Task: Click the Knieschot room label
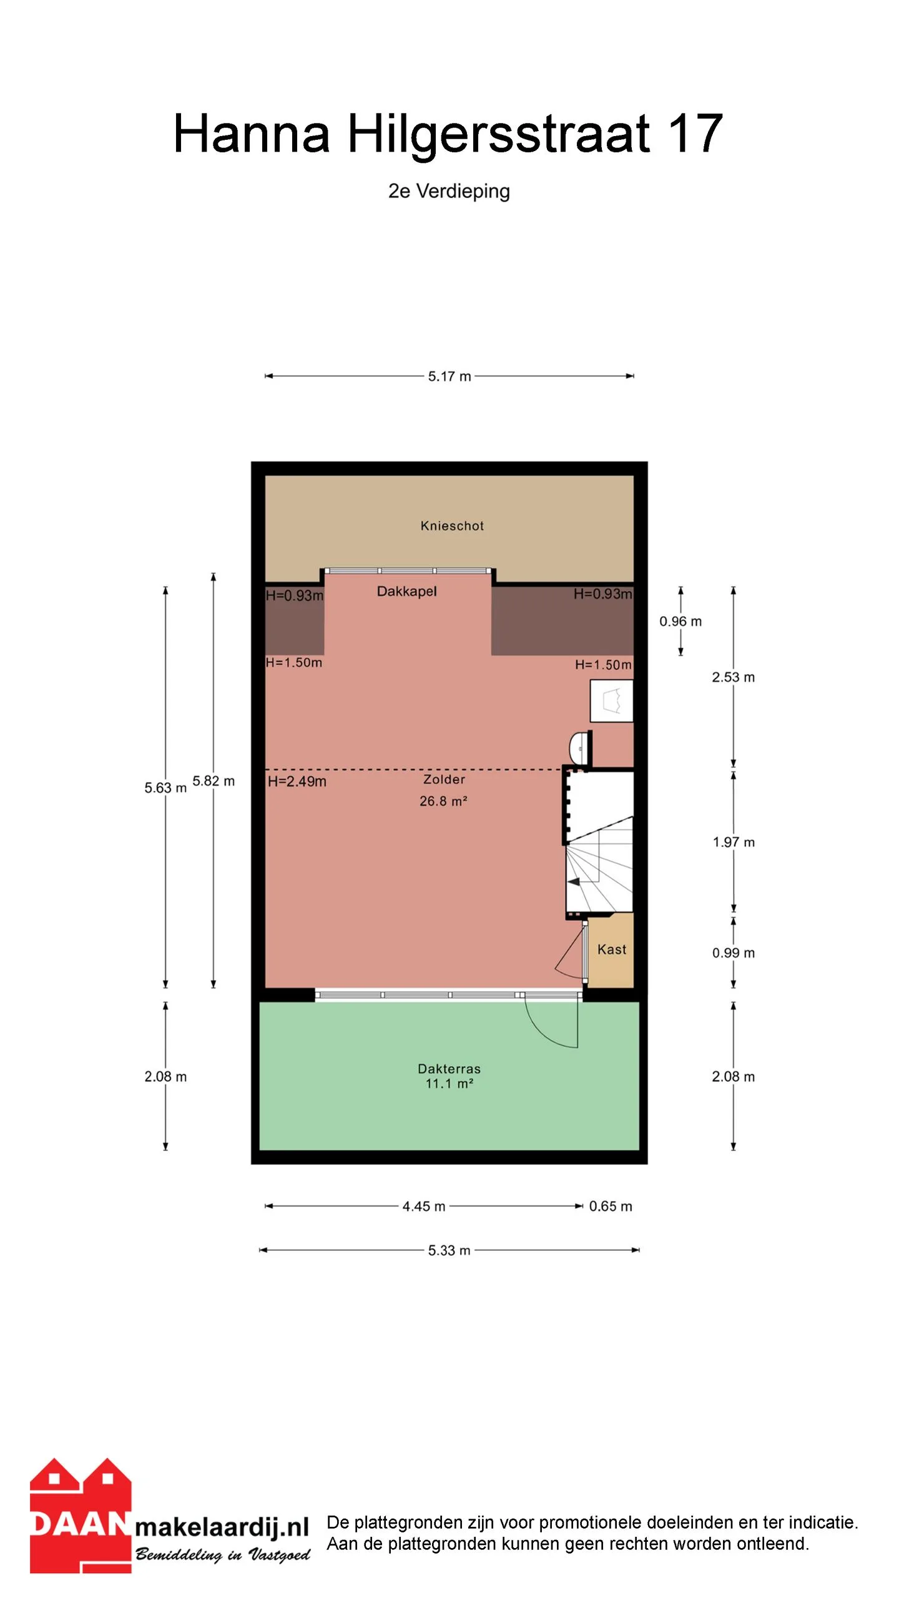click(452, 526)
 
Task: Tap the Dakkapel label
click(406, 591)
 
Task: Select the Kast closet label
click(612, 949)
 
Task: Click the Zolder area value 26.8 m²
click(443, 801)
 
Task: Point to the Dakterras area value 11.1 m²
click(449, 1084)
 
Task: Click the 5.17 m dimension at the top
click(449, 376)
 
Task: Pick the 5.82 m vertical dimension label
click(214, 781)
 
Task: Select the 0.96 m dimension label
click(680, 621)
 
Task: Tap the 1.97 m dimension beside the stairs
click(734, 842)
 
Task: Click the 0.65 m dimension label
click(611, 1206)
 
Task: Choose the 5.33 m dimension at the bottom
click(449, 1250)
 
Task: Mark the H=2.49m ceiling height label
click(297, 782)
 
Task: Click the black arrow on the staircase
click(574, 881)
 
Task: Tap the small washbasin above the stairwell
click(579, 747)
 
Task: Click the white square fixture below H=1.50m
click(612, 701)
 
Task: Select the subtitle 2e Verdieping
click(449, 191)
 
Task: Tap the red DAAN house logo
click(81, 1517)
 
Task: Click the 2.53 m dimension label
click(734, 677)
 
